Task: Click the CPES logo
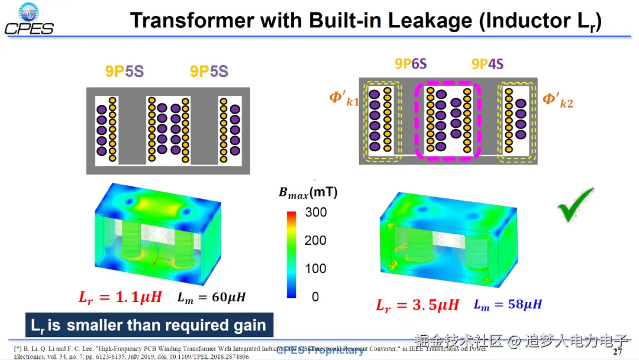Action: [29, 19]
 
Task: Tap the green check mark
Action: [576, 205]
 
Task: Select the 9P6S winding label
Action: [411, 64]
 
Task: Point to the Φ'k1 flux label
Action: [344, 98]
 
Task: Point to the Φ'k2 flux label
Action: [558, 99]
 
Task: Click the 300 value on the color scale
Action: [315, 212]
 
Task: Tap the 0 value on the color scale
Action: [315, 296]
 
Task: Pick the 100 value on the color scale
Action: [315, 268]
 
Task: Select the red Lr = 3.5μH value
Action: [417, 305]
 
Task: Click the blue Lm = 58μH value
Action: [507, 304]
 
